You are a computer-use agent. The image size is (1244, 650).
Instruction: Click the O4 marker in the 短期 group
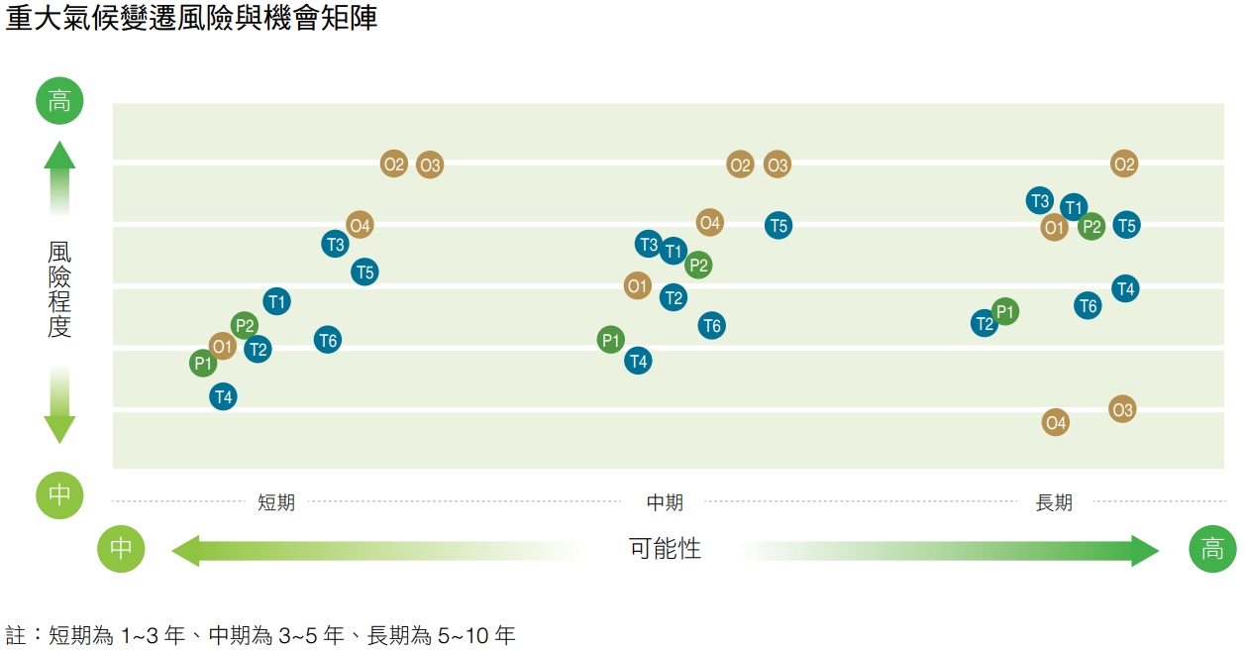(x=361, y=226)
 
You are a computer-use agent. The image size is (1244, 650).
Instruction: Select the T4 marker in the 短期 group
(x=224, y=397)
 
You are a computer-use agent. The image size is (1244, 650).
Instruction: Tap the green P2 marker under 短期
(x=245, y=325)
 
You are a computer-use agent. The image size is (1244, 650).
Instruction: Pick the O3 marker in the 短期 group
(x=429, y=165)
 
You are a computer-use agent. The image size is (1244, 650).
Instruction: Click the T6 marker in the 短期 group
(x=328, y=341)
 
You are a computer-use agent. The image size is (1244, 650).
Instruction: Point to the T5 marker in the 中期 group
(x=778, y=226)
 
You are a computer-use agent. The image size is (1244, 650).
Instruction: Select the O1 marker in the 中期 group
(x=637, y=286)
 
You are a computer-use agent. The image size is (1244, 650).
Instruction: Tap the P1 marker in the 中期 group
(x=611, y=341)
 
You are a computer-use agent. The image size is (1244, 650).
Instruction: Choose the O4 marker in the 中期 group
(x=709, y=223)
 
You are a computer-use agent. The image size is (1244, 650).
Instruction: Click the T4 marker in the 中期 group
(x=639, y=362)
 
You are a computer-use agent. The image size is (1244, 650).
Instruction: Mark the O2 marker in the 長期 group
(x=1123, y=164)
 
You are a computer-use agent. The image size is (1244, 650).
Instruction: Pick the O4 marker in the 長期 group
(x=1056, y=423)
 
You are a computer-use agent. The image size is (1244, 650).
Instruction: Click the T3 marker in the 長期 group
(x=1040, y=201)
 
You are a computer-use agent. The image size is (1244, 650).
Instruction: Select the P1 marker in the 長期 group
(x=1005, y=312)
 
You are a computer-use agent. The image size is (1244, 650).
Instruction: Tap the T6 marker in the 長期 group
(x=1088, y=306)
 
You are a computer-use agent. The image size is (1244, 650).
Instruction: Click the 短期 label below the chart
(x=276, y=502)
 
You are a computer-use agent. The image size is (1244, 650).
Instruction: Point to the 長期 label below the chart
(x=1054, y=502)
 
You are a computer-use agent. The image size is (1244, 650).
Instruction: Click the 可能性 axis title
(x=665, y=549)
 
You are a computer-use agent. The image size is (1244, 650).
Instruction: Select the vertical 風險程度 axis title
(x=59, y=288)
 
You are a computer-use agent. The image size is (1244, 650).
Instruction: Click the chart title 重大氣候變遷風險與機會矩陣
(x=191, y=19)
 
